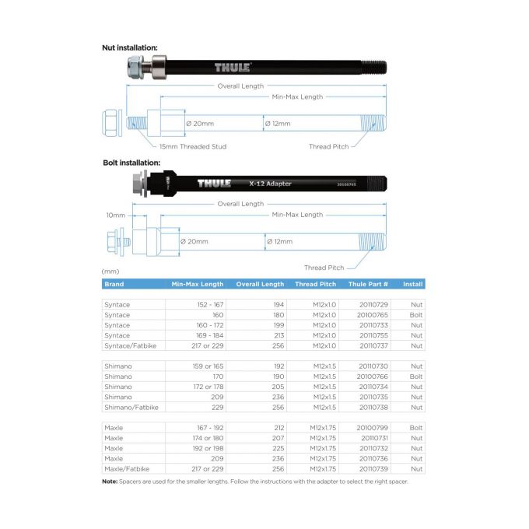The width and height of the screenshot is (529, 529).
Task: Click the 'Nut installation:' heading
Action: point(129,47)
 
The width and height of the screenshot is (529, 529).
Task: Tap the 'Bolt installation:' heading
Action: point(130,163)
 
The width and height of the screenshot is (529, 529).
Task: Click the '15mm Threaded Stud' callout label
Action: point(193,146)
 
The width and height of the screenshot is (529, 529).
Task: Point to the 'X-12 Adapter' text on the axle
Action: point(271,184)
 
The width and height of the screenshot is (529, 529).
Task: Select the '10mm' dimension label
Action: point(115,215)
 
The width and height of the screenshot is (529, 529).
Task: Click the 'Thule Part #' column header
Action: point(368,284)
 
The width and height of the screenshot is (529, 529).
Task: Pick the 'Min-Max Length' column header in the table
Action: point(198,284)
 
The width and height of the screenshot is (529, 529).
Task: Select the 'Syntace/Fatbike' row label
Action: point(129,345)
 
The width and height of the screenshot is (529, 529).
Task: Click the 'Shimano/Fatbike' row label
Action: point(129,407)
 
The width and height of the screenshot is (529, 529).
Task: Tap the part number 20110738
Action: point(368,407)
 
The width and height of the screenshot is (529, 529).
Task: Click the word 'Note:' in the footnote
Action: point(110,482)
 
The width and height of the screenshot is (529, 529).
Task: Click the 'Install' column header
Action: point(412,284)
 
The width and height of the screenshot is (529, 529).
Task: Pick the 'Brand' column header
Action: point(114,284)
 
